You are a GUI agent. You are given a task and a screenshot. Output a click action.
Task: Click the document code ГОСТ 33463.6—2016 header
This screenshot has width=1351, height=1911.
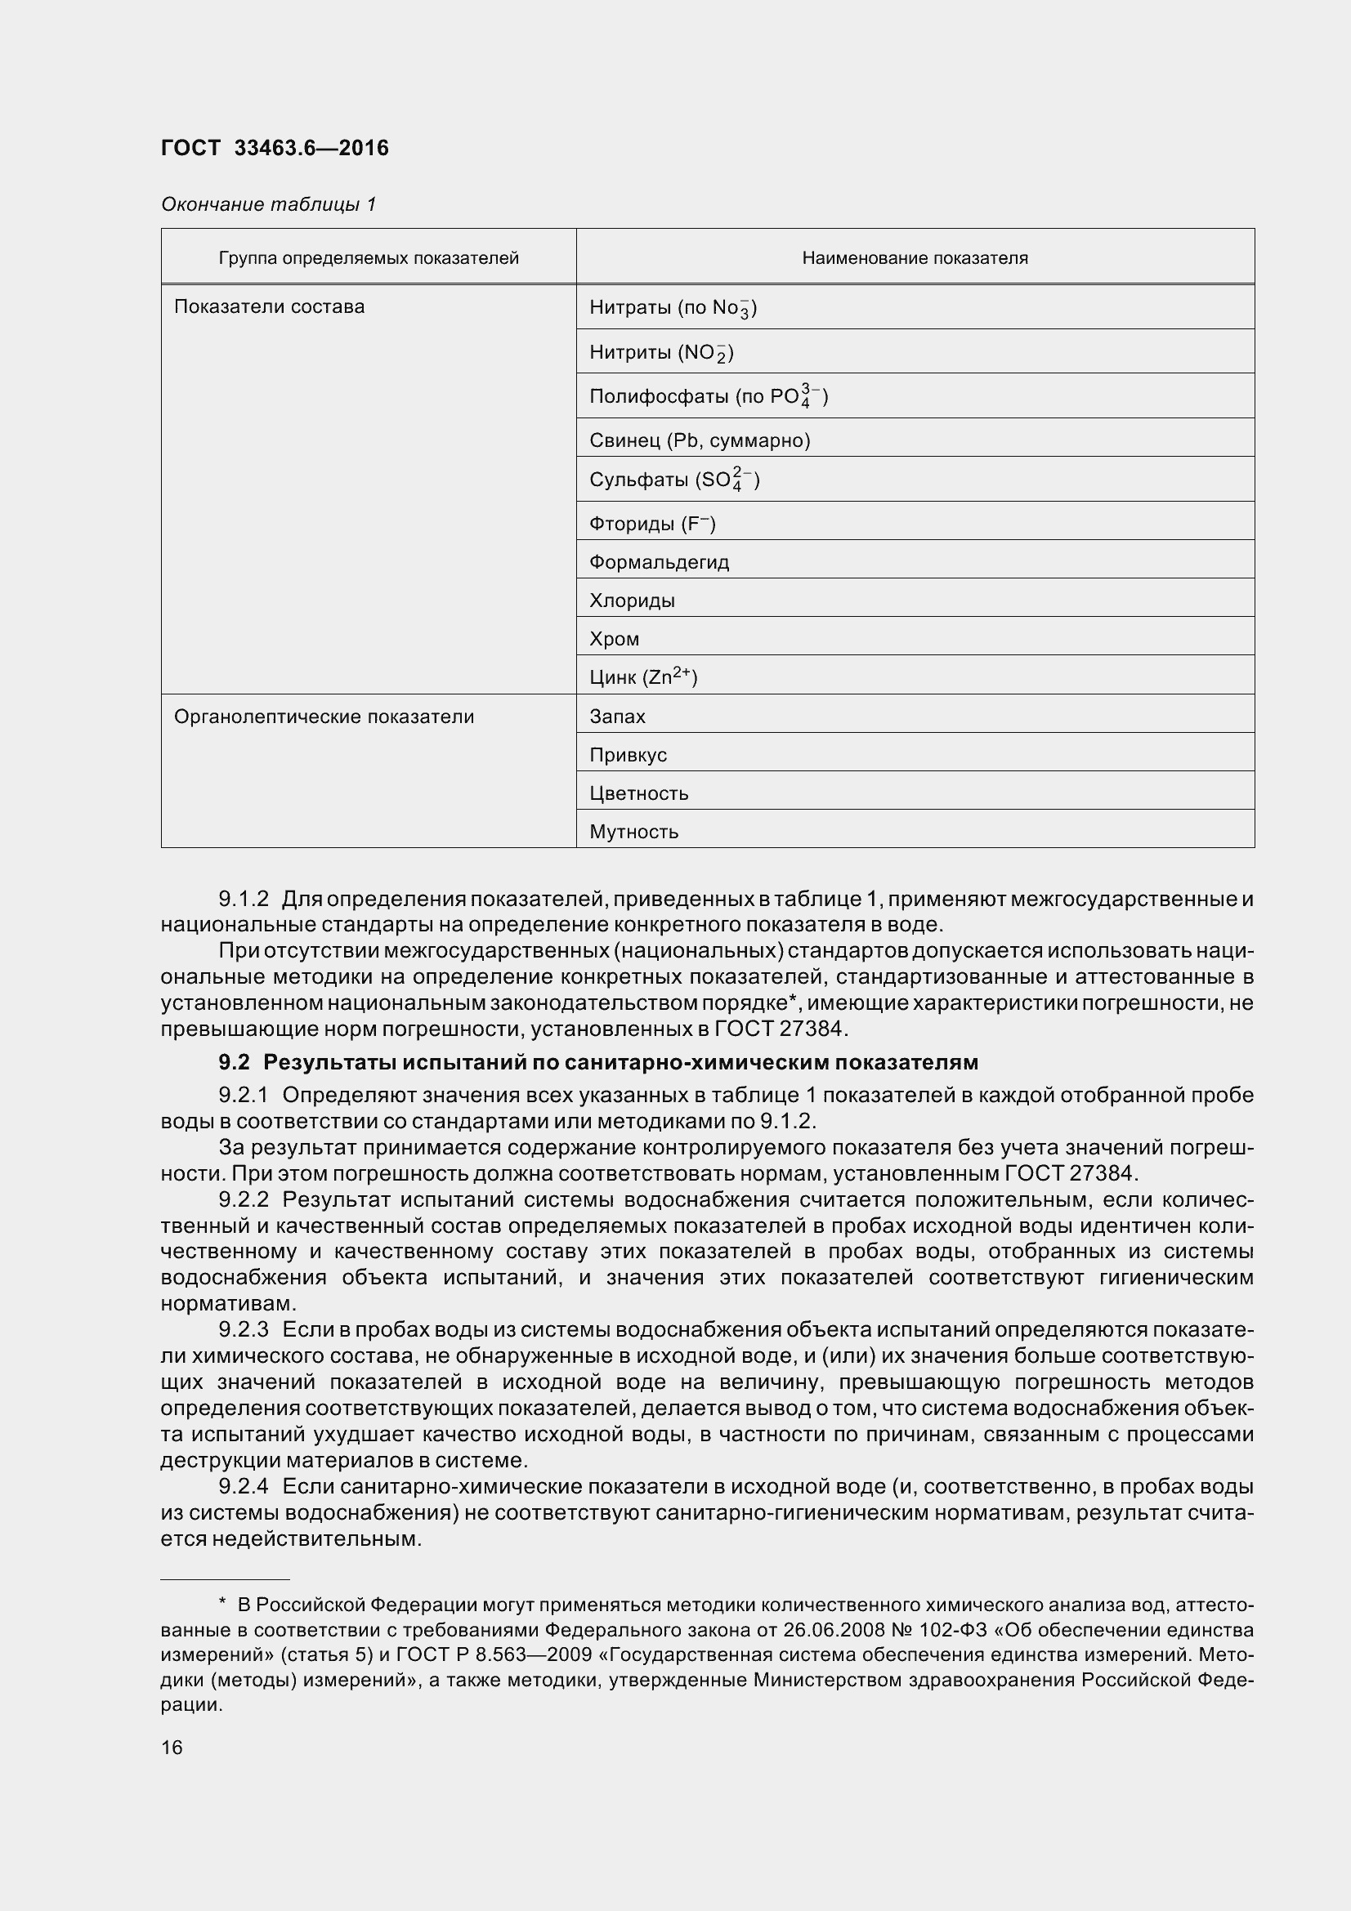click(275, 148)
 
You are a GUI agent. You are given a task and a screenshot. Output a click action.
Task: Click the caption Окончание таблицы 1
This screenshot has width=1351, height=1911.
click(268, 204)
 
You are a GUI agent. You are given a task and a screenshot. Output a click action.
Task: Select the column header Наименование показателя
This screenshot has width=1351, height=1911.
click(914, 258)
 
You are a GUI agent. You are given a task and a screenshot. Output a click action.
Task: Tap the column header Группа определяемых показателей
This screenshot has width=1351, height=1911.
click(368, 258)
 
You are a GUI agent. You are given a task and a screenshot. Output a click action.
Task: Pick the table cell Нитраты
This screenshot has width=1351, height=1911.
click(673, 308)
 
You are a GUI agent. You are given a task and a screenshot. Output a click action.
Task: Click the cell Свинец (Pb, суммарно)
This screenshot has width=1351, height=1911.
click(700, 440)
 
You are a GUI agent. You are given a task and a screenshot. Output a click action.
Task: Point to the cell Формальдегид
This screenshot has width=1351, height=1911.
click(659, 563)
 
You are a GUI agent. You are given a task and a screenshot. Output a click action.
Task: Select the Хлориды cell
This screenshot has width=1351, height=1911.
click(632, 601)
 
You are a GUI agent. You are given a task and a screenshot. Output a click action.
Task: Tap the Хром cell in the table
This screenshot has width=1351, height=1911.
click(615, 639)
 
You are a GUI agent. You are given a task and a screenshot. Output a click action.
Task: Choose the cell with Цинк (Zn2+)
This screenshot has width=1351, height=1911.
click(642, 677)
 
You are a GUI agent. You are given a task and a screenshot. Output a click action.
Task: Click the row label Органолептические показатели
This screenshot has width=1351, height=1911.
click(324, 717)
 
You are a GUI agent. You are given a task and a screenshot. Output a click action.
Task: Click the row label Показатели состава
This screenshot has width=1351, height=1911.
click(269, 307)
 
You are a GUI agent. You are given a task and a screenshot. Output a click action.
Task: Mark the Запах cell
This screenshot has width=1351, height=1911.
click(617, 717)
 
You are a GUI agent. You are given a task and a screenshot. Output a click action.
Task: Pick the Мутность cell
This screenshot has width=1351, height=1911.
click(633, 832)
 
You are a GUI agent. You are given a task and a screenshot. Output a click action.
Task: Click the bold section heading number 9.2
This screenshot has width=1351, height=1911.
click(234, 1063)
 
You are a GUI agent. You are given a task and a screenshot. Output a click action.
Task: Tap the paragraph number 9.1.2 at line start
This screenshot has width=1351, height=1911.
click(243, 899)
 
